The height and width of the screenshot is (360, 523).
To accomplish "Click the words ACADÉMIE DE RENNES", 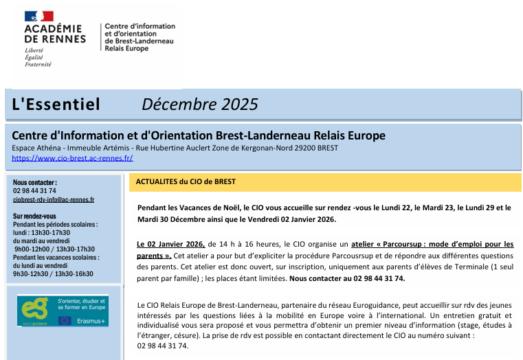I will tap(54, 34).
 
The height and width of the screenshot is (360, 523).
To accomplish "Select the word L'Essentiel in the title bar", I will tap(56, 104).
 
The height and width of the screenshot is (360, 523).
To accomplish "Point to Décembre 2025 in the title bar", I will tap(199, 104).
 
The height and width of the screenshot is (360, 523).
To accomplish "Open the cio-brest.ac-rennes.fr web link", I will tap(72, 158).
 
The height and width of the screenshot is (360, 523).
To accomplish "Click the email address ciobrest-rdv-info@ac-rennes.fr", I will tap(54, 200).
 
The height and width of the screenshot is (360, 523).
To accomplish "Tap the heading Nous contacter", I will tap(34, 182).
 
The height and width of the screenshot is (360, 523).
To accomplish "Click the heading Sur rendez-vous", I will tap(35, 216).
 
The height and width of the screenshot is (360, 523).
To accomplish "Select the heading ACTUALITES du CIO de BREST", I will tap(186, 182).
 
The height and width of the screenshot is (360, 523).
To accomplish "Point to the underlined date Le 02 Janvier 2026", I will tap(171, 244).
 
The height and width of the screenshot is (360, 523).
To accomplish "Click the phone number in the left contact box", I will tap(34, 191).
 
